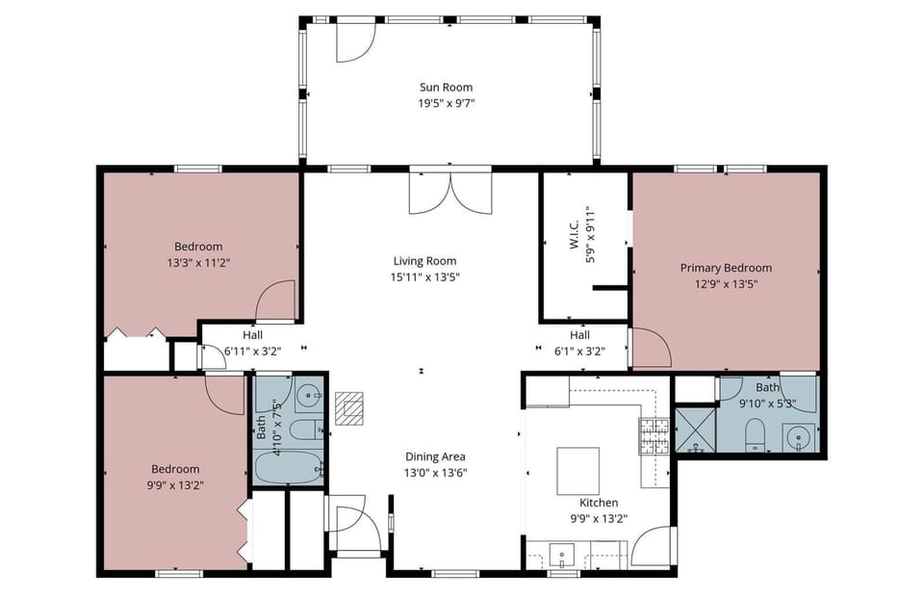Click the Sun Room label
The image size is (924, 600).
coord(446,88)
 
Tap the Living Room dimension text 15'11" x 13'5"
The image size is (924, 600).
coord(425,277)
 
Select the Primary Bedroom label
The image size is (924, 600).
coord(726,268)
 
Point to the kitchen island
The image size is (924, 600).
coord(578,470)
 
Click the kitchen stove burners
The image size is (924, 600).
coord(654,436)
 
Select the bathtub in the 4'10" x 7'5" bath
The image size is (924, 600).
coord(289,469)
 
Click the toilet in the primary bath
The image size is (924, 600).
coord(756,433)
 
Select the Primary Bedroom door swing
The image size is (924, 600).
coord(650,349)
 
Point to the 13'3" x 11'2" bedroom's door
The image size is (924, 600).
coord(276,300)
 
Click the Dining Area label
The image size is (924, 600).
coord(435,457)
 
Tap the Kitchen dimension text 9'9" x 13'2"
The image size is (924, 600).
coord(598,518)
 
